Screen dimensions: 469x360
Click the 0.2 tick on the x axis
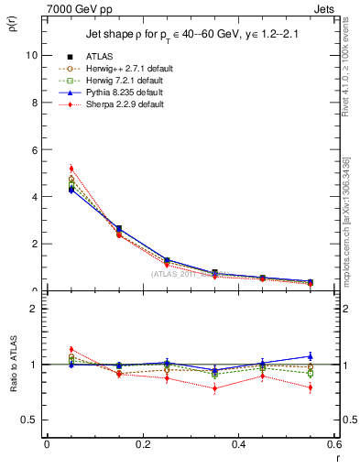[142, 444]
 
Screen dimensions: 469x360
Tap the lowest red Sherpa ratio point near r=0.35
[214, 388]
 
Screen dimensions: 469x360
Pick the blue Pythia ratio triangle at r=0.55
[310, 356]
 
